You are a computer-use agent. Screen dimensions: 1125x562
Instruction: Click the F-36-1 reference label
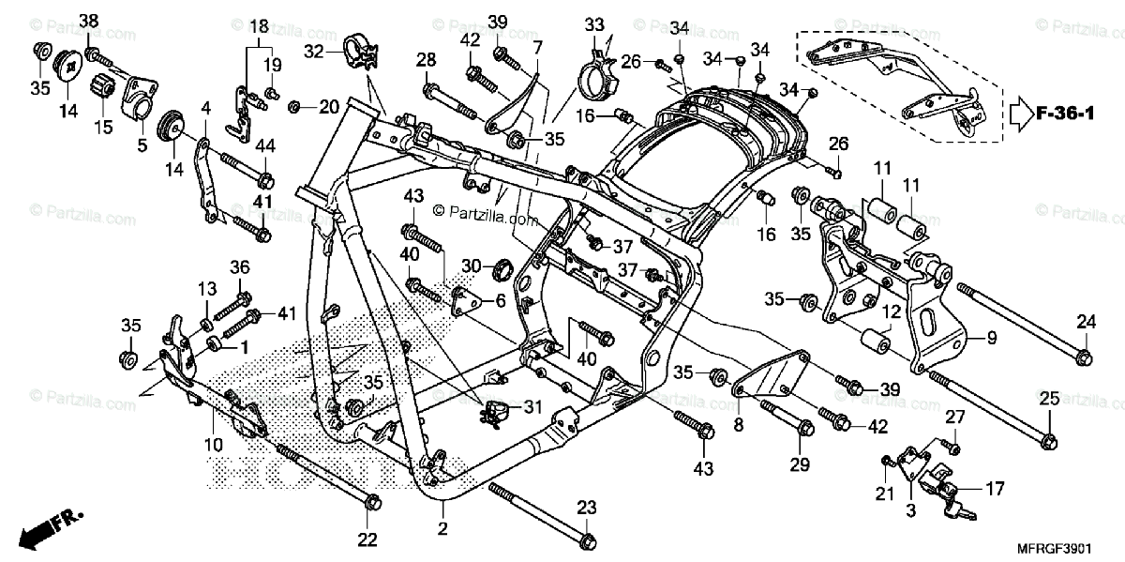coord(1065,114)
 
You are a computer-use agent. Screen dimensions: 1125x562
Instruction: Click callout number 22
coord(367,539)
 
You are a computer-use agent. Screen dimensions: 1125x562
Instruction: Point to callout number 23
coord(586,508)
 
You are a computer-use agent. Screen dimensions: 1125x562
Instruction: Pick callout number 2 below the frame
coord(442,529)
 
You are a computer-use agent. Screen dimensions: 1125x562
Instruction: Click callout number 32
coord(314,51)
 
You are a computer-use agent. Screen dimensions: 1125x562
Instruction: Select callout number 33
coord(594,24)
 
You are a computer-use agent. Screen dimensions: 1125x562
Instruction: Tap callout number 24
coord(1086,321)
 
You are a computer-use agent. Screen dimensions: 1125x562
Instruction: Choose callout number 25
coord(1050,398)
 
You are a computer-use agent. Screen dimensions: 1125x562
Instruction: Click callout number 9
coord(992,338)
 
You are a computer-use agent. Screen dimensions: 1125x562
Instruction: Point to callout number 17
coord(995,488)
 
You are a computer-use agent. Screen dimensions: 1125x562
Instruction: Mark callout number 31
coord(532,407)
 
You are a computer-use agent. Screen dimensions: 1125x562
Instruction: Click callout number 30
coord(471,266)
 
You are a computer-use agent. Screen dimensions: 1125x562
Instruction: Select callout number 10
coord(213,445)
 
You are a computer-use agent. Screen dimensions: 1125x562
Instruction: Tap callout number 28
coord(426,60)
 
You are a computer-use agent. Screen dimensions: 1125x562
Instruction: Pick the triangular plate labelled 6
coord(466,300)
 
